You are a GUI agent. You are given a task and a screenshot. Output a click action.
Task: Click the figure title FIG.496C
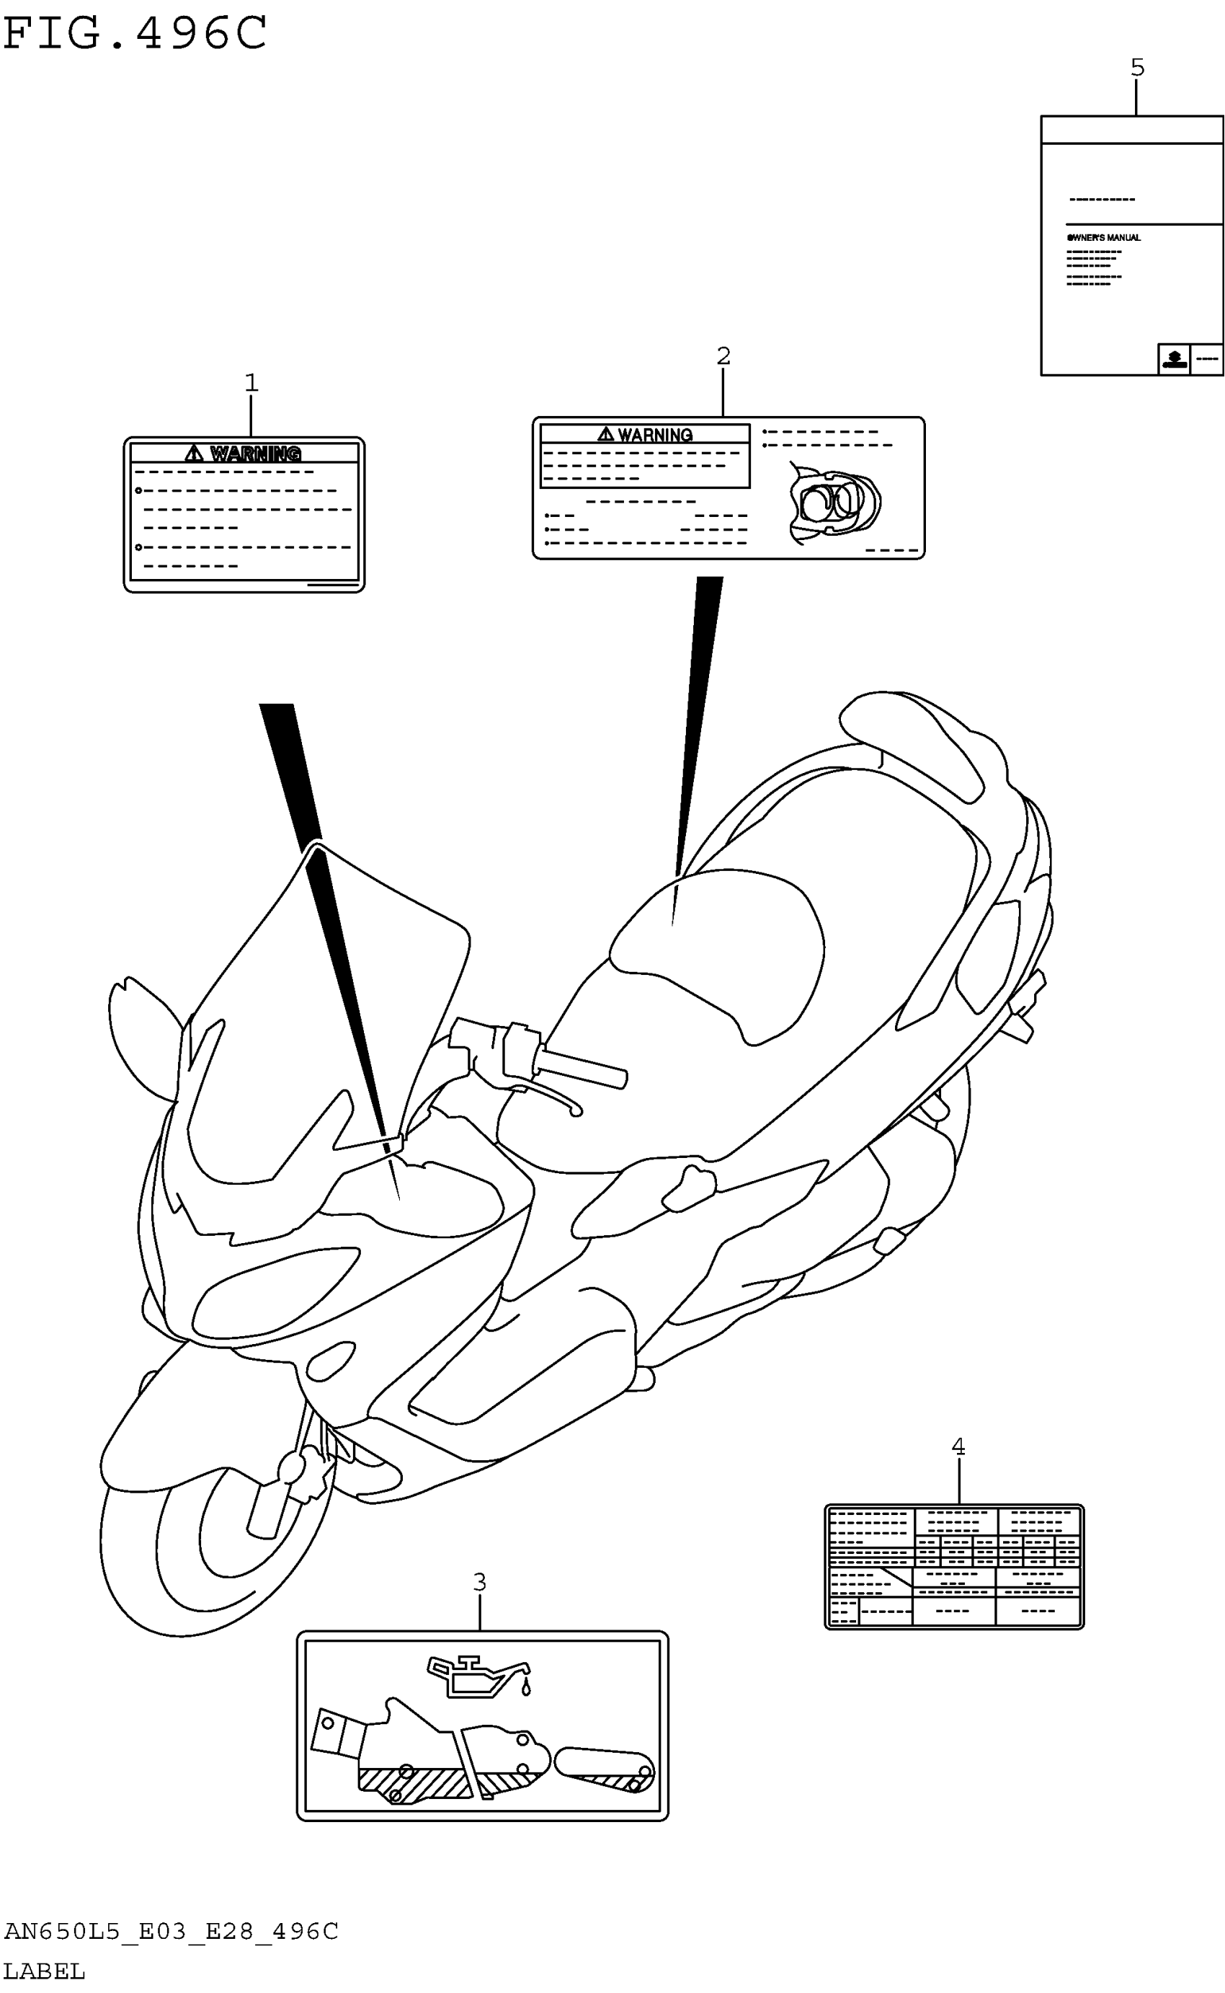pyautogui.click(x=135, y=34)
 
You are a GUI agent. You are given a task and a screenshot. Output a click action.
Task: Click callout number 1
pyautogui.click(x=251, y=381)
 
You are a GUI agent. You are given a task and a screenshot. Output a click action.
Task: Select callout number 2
pyautogui.click(x=723, y=355)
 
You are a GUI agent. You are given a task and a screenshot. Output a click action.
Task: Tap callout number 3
pyautogui.click(x=480, y=1581)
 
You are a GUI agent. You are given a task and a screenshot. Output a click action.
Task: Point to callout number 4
pyautogui.click(x=958, y=1446)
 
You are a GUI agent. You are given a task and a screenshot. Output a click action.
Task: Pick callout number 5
pyautogui.click(x=1138, y=67)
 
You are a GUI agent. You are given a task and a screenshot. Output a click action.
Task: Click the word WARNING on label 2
pyautogui.click(x=654, y=436)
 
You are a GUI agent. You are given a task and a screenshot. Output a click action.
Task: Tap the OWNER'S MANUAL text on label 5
pyautogui.click(x=1103, y=237)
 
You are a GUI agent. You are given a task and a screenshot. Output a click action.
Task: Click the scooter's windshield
pyautogui.click(x=324, y=1013)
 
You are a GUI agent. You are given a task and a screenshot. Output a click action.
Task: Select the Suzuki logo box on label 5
pyautogui.click(x=1173, y=358)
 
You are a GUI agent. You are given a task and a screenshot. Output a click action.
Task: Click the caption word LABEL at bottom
pyautogui.click(x=44, y=1971)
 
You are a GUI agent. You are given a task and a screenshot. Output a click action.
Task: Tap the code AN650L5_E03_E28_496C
pyautogui.click(x=171, y=1932)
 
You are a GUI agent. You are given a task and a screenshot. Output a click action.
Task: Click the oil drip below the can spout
pyautogui.click(x=526, y=1689)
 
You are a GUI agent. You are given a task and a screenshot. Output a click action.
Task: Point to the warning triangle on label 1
pyautogui.click(x=194, y=453)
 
